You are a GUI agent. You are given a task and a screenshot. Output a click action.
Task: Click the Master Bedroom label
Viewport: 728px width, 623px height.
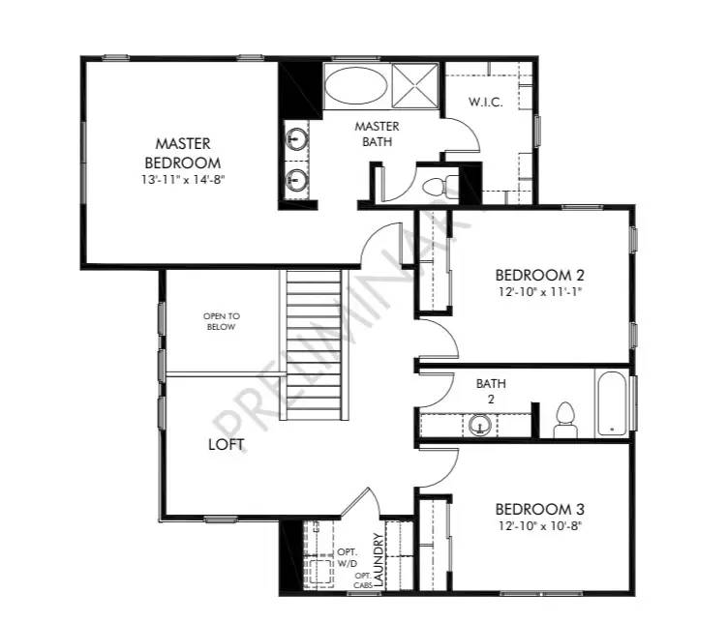pyautogui.click(x=183, y=154)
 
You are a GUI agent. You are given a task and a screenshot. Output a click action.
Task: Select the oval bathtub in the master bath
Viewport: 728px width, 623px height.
pyautogui.click(x=353, y=87)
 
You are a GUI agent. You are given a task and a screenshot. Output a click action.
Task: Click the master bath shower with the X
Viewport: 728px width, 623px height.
pyautogui.click(x=415, y=84)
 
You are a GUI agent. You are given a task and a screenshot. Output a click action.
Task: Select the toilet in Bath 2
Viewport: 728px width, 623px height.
pyautogui.click(x=564, y=419)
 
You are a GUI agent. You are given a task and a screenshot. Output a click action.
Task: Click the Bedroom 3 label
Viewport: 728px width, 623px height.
pyautogui.click(x=540, y=510)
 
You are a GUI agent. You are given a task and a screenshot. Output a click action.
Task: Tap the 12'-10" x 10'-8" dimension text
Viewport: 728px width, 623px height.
pyautogui.click(x=540, y=526)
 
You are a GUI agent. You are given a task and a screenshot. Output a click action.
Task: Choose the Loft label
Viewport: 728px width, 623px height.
pyautogui.click(x=226, y=445)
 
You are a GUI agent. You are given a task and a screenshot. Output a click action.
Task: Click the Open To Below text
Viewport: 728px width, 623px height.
pyautogui.click(x=221, y=321)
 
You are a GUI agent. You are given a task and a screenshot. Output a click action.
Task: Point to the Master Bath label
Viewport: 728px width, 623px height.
pyautogui.click(x=377, y=133)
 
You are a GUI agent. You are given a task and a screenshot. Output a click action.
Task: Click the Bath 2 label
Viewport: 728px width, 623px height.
pyautogui.click(x=491, y=391)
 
